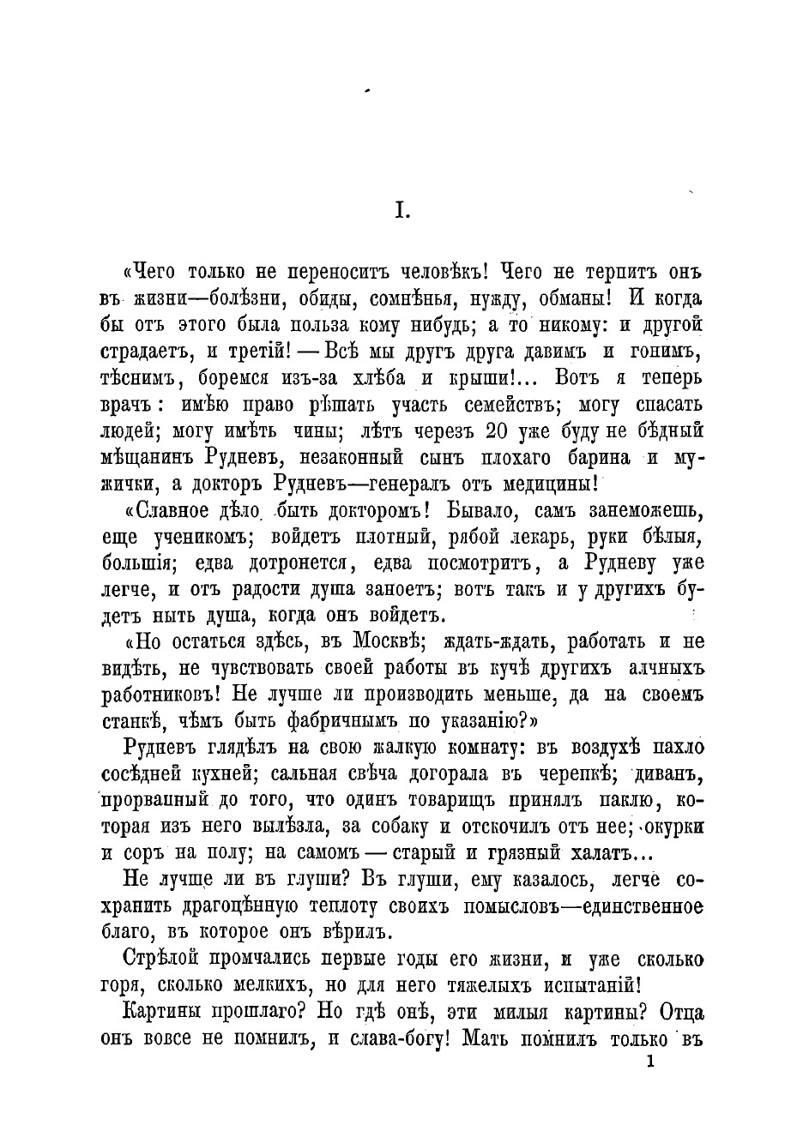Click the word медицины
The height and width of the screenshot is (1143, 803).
554,482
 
